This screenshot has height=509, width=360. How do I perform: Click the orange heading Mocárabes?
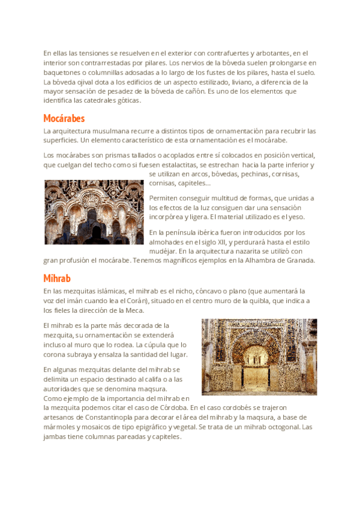click(64, 118)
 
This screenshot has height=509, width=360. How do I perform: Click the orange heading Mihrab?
click(57, 279)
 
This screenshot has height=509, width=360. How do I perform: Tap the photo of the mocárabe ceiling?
click(94, 212)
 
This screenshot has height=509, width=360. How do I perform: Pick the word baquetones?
click(62, 72)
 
